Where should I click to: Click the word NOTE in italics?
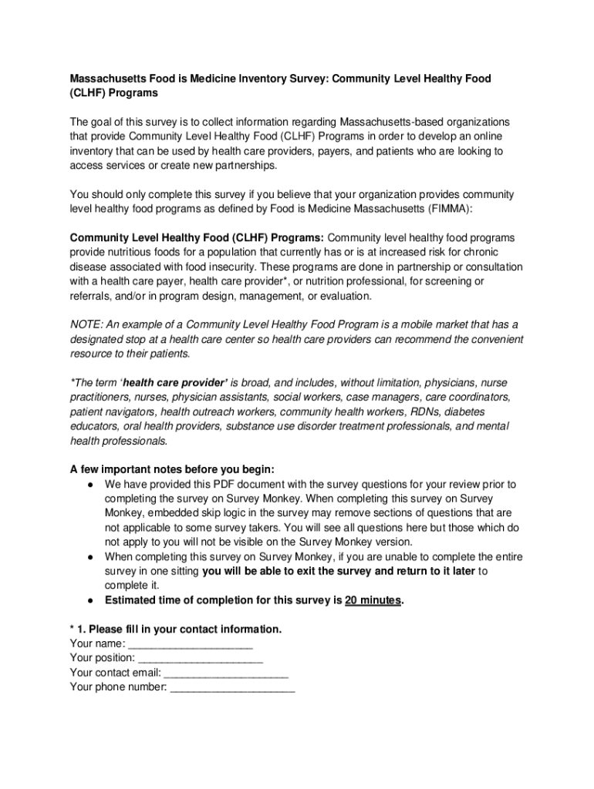point(86,324)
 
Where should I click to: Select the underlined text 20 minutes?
point(373,600)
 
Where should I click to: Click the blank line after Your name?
point(190,644)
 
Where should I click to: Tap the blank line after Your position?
point(200,659)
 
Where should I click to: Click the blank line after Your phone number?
point(231,687)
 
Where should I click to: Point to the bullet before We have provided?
point(90,485)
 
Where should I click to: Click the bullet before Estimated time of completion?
point(90,600)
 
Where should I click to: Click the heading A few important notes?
point(171,469)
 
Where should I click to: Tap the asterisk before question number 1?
point(73,630)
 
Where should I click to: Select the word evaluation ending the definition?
point(345,295)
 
